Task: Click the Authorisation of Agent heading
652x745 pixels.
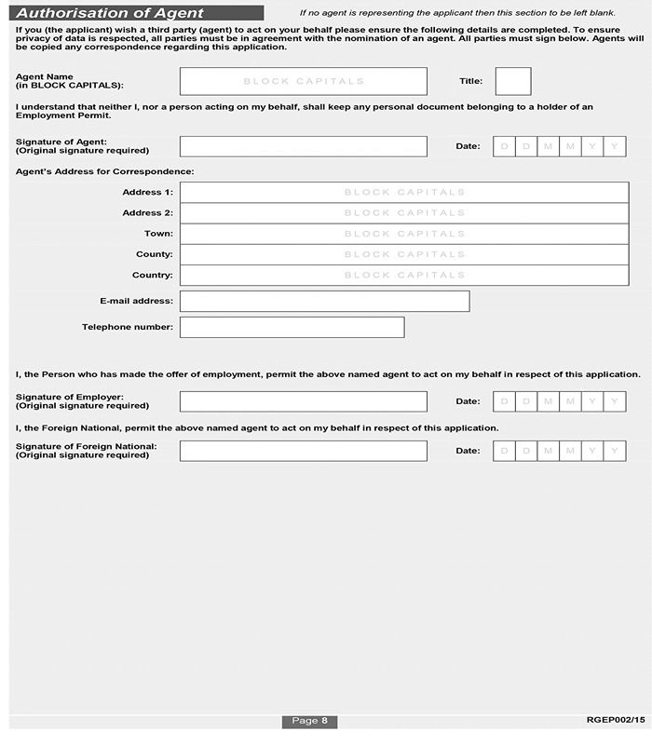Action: [110, 14]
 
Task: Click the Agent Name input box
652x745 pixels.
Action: [303, 81]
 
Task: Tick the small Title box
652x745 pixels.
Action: [512, 81]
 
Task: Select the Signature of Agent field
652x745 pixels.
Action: [303, 146]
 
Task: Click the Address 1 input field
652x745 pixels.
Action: [404, 192]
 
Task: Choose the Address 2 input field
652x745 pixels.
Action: [404, 212]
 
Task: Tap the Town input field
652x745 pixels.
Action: [404, 234]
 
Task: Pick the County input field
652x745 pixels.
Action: [404, 254]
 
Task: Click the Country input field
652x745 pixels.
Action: [404, 275]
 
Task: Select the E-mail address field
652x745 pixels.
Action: [324, 301]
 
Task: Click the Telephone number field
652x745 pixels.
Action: [292, 327]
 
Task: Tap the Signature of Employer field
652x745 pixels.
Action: [303, 401]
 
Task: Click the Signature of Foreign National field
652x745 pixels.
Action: [303, 451]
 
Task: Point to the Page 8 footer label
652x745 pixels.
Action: [309, 721]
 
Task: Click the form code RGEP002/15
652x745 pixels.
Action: [616, 720]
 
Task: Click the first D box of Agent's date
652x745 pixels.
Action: [504, 146]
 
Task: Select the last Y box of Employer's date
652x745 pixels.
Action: [615, 401]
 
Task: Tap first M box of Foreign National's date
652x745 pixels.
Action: [549, 451]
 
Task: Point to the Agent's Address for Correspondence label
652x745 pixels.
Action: [104, 171]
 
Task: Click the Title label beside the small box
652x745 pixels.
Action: [470, 81]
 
